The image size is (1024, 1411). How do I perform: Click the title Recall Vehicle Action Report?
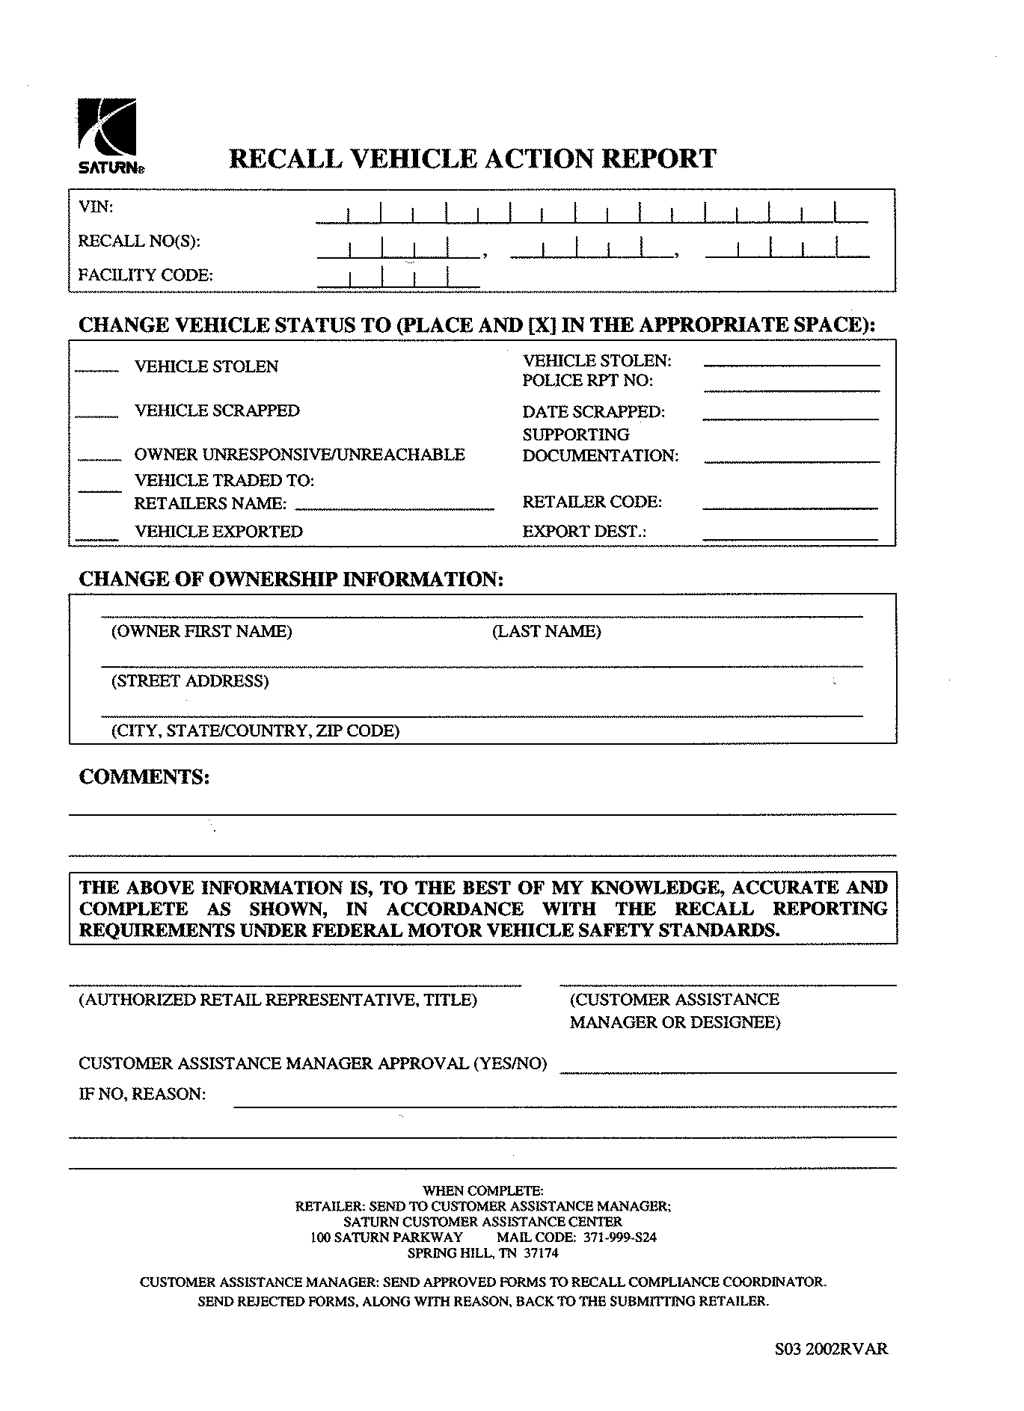(x=472, y=159)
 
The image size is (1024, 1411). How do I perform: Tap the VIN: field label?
(x=96, y=207)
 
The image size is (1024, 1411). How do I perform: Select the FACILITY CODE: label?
(x=145, y=275)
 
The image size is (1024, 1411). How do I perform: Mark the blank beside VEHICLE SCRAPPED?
(x=97, y=414)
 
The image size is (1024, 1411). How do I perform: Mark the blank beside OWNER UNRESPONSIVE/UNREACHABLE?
(x=99, y=457)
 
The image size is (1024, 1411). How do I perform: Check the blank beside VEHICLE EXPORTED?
(x=97, y=535)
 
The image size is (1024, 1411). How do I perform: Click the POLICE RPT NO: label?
(x=587, y=381)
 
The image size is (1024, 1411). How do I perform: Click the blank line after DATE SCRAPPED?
(x=791, y=416)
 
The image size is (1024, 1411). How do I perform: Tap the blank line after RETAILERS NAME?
(x=395, y=506)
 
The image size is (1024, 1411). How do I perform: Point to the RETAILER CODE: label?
(x=592, y=502)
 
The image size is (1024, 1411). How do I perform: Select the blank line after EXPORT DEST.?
(x=790, y=535)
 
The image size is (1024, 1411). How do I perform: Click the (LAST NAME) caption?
(x=546, y=632)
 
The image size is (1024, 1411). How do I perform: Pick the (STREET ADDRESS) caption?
(x=190, y=681)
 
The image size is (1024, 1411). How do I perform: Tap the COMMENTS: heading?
(x=144, y=777)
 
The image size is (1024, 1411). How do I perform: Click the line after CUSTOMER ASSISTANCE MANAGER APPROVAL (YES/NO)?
(x=727, y=1069)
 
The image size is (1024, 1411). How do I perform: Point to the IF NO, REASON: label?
(x=141, y=1095)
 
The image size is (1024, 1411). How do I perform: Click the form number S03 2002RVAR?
(x=831, y=1350)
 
